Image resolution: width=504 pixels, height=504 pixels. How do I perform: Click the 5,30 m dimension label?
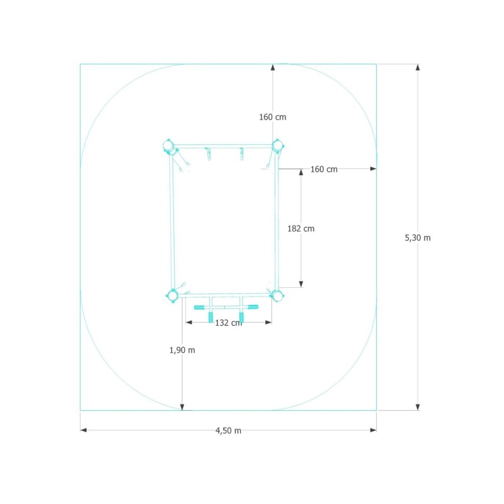pyautogui.click(x=418, y=238)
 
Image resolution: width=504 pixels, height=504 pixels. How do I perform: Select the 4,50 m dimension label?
pyautogui.click(x=228, y=431)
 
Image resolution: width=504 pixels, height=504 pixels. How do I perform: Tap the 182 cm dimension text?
pyautogui.click(x=301, y=229)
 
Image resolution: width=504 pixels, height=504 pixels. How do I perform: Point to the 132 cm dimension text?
pyautogui.click(x=229, y=323)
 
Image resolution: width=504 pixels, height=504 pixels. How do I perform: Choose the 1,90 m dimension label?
pyautogui.click(x=182, y=350)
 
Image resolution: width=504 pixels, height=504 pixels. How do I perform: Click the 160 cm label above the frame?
pyautogui.click(x=273, y=117)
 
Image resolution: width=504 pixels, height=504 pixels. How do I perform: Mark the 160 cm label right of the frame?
pyautogui.click(x=324, y=169)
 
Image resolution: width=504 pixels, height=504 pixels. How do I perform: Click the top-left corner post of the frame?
pyautogui.click(x=168, y=146)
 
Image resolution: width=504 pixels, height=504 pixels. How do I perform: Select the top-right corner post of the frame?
pyautogui.click(x=277, y=146)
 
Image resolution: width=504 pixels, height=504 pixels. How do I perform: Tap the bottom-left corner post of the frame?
pyautogui.click(x=173, y=295)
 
